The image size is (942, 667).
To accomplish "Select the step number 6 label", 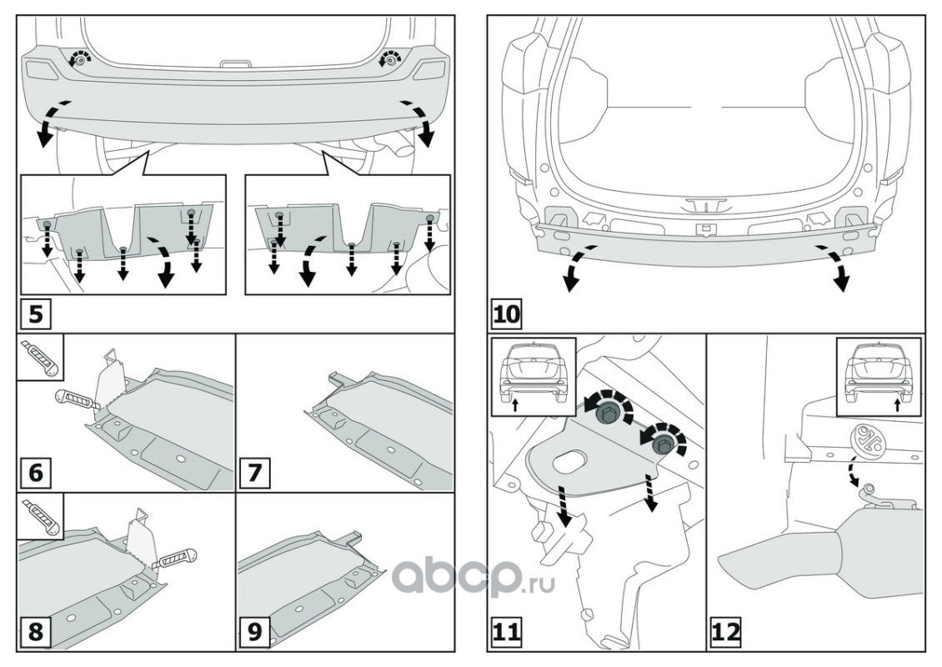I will [36, 472].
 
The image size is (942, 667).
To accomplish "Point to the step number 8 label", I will [36, 631].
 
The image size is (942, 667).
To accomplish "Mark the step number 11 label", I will [506, 631].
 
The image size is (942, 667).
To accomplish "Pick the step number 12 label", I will [726, 631].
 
